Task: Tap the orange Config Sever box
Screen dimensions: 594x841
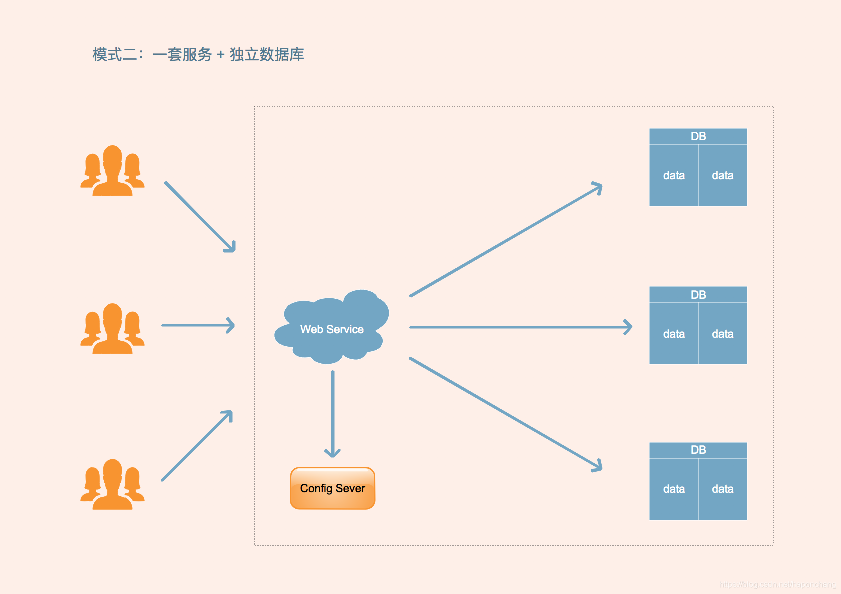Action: click(332, 488)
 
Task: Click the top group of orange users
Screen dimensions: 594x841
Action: click(112, 171)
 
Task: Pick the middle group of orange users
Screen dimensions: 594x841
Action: click(112, 329)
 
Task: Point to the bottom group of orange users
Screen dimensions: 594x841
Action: click(112, 485)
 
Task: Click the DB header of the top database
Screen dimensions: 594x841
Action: click(698, 136)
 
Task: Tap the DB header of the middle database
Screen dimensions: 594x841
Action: click(698, 294)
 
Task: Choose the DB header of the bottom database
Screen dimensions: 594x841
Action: click(698, 450)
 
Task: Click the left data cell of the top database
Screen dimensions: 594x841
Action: click(673, 175)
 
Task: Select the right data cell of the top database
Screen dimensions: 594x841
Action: click(722, 175)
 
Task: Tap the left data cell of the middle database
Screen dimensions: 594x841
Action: click(673, 333)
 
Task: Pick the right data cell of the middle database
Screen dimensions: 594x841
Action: click(722, 333)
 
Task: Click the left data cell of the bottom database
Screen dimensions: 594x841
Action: click(673, 489)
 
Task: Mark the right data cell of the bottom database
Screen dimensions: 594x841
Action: click(722, 489)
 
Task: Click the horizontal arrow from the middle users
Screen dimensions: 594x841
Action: click(197, 325)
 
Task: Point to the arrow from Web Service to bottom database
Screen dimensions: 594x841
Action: click(505, 414)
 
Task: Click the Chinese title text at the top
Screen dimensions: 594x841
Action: click(198, 54)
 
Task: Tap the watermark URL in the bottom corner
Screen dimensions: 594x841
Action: click(778, 584)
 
